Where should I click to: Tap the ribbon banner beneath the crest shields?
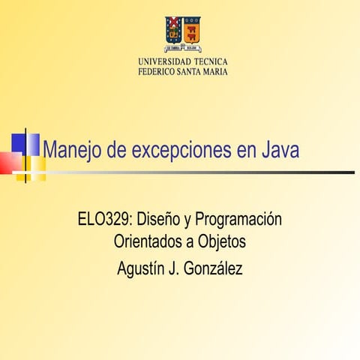tap(182, 46)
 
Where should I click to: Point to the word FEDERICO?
tap(156, 71)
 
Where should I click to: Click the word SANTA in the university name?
tap(191, 71)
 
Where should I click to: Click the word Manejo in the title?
tap(72, 151)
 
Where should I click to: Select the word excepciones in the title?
tap(181, 151)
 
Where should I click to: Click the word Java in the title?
tap(280, 151)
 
